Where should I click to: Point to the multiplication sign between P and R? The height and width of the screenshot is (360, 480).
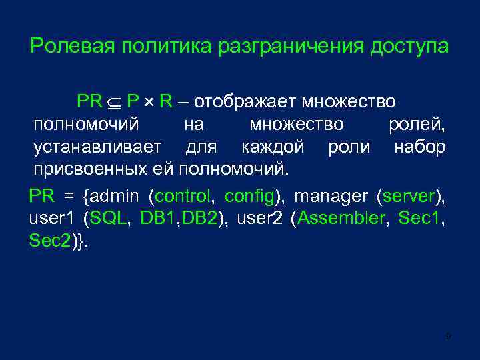coord(150,103)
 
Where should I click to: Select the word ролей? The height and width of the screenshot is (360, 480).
coord(417,125)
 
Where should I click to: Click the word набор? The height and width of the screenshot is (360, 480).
coord(419,147)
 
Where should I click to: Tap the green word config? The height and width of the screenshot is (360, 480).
coord(250,197)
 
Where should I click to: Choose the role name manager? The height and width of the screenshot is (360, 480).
coord(331,197)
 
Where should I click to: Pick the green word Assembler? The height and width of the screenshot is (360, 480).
coord(339,219)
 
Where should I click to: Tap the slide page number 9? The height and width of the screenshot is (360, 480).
coord(449,337)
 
